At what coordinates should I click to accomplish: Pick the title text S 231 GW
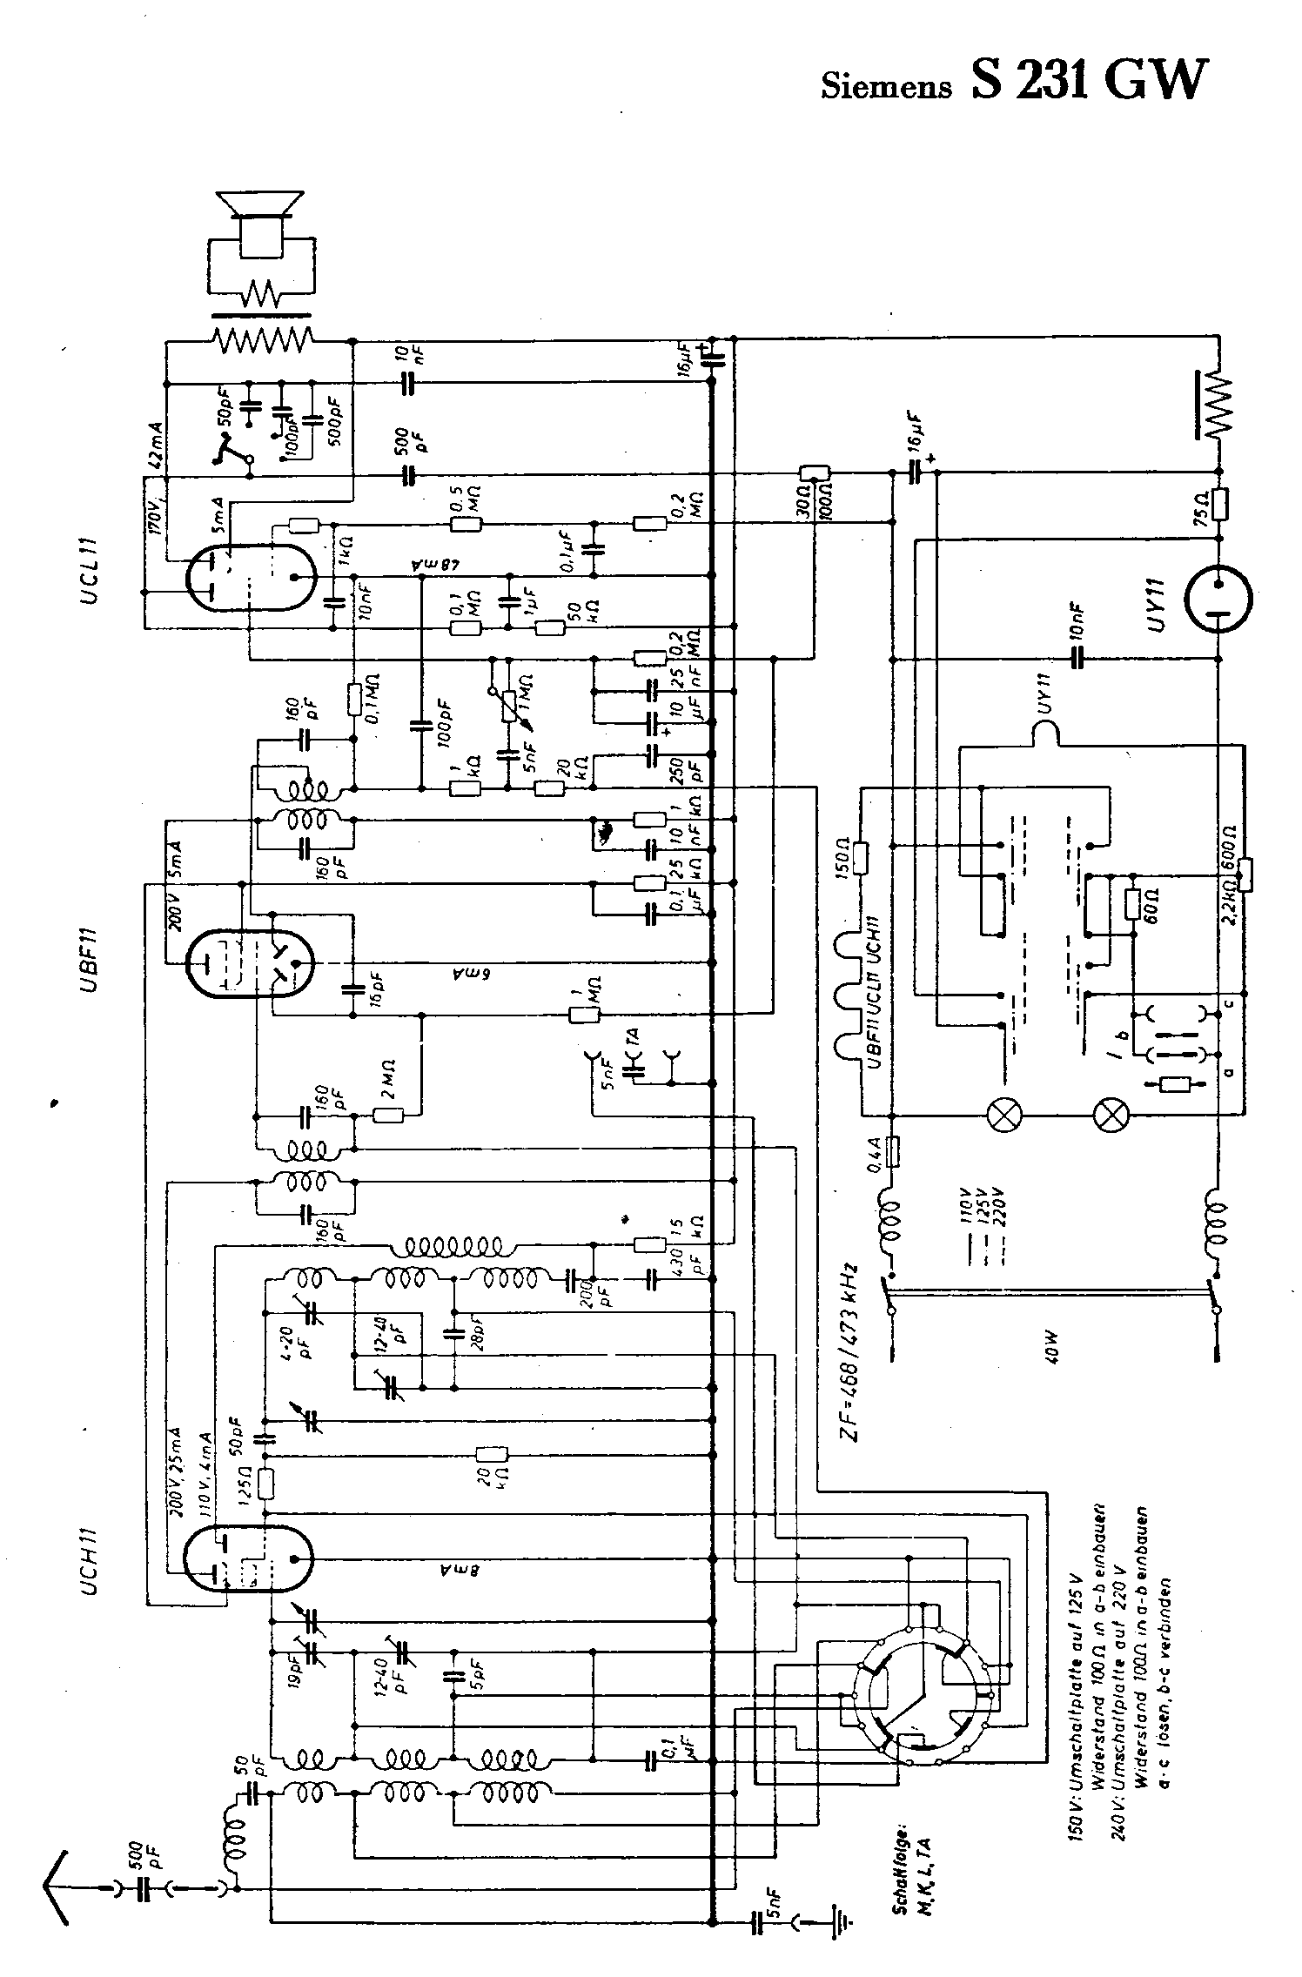click(x=1088, y=80)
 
